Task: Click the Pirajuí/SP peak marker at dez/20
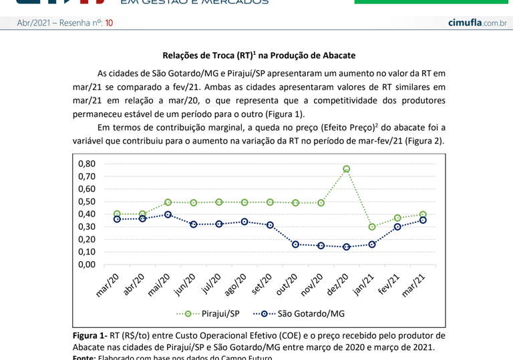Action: point(347,170)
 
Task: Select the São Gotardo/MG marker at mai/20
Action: point(168,214)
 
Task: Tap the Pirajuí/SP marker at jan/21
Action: point(372,227)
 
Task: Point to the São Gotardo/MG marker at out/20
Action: point(295,244)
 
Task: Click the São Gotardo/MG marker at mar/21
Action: point(423,220)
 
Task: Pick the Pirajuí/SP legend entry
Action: point(207,313)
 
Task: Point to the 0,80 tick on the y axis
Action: point(87,164)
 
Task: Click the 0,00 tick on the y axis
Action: point(87,264)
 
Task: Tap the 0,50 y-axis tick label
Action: point(87,202)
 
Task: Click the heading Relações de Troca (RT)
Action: point(259,55)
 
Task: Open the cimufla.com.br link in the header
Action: point(477,23)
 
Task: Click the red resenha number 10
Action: point(109,23)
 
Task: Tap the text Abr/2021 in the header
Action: point(32,23)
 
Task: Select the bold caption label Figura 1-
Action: point(90,335)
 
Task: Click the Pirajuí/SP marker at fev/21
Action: point(397,218)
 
